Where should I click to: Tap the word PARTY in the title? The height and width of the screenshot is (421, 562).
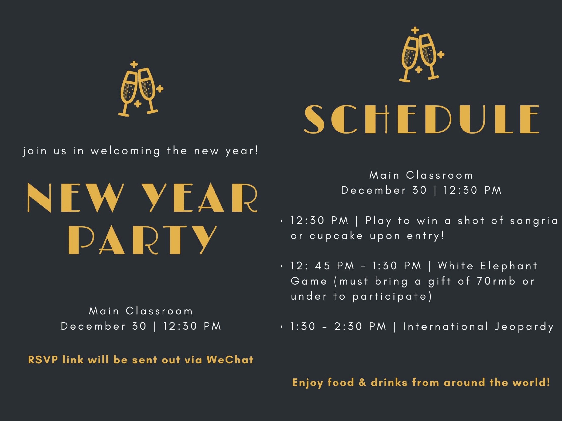(x=143, y=240)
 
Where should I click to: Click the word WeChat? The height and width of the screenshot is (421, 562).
(x=230, y=360)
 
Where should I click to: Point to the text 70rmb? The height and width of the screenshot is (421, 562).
(x=496, y=281)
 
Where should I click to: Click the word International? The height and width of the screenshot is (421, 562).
(x=446, y=327)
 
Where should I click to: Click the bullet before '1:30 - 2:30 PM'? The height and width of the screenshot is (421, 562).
(x=282, y=327)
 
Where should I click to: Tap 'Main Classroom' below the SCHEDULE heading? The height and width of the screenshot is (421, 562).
(x=421, y=175)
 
